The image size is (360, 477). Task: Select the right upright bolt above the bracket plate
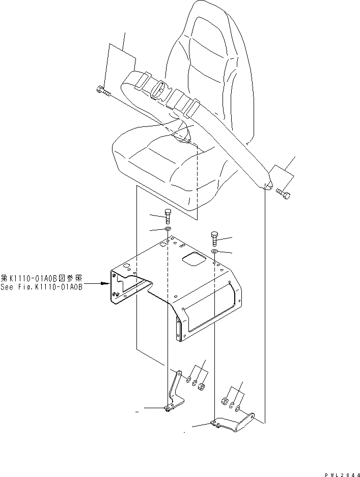pyautogui.click(x=214, y=237)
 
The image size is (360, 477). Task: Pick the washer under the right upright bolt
pyautogui.click(x=215, y=252)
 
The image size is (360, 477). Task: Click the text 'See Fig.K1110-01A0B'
pyautogui.click(x=41, y=287)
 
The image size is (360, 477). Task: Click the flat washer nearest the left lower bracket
pyautogui.click(x=189, y=380)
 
